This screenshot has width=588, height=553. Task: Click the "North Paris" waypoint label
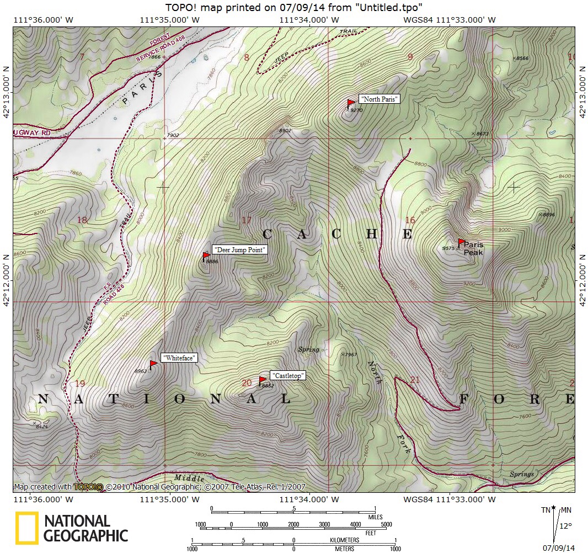click(x=379, y=99)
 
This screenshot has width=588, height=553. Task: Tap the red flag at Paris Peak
click(x=462, y=242)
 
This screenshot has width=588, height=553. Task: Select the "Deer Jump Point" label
click(x=239, y=250)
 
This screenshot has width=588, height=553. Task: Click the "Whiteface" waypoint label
click(x=179, y=358)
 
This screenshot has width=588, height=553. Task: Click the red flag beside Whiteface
click(x=153, y=364)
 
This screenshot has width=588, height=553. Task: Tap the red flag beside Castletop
click(x=263, y=380)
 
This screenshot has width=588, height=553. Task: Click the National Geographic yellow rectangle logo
click(x=26, y=529)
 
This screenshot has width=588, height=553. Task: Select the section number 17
click(x=246, y=221)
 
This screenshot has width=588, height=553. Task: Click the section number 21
click(x=415, y=380)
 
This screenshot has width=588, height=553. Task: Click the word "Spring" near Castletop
click(x=308, y=349)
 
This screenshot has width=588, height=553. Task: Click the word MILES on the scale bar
click(x=375, y=517)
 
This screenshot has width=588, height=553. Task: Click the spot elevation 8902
click(x=285, y=131)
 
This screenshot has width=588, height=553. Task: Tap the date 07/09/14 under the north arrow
click(x=558, y=547)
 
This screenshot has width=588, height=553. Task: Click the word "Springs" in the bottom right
click(x=521, y=474)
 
